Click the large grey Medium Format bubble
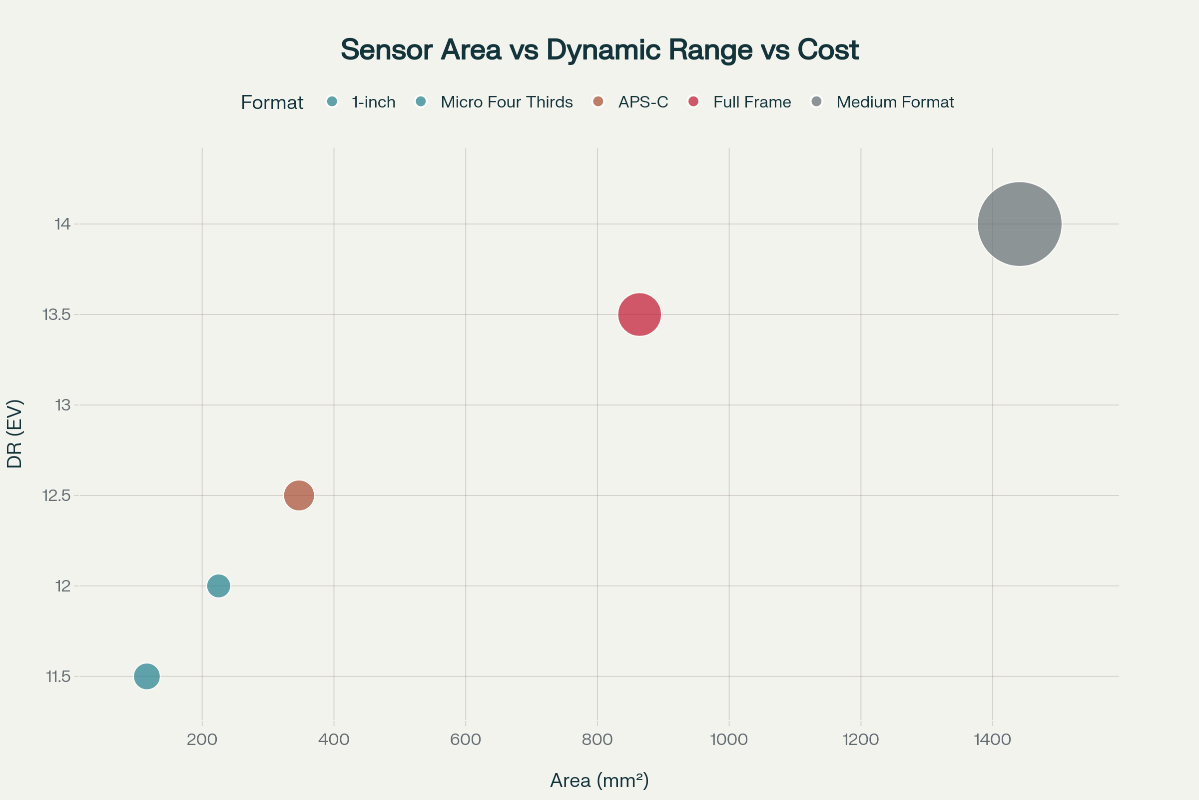click(1019, 224)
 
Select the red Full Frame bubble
click(639, 314)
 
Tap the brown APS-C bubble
click(299, 495)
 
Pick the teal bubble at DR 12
click(219, 585)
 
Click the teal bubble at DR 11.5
click(147, 676)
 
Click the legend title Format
click(272, 102)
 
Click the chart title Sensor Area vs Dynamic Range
click(599, 49)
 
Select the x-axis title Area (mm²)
click(599, 780)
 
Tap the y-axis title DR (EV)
click(14, 433)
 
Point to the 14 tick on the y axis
click(63, 224)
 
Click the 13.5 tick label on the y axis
click(56, 315)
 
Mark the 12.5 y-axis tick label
click(56, 495)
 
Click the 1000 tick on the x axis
click(728, 739)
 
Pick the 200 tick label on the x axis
click(202, 739)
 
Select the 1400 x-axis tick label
click(992, 739)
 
